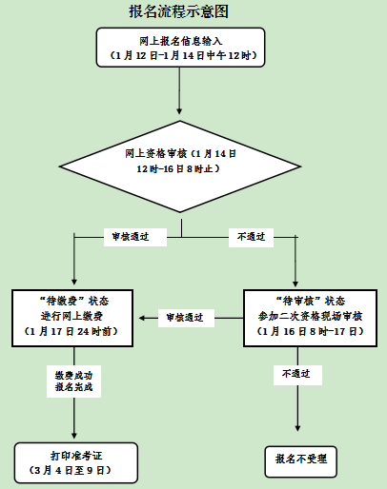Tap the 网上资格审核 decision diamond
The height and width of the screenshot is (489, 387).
click(179, 162)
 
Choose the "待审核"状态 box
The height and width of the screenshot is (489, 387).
click(304, 314)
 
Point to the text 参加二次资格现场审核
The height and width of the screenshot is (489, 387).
click(304, 315)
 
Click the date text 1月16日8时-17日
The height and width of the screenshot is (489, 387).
click(304, 331)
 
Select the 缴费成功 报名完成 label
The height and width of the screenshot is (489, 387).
click(73, 382)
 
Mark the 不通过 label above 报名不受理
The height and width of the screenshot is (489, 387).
click(296, 376)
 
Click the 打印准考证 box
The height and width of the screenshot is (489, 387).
click(75, 462)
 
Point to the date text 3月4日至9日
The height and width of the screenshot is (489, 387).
click(75, 470)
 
